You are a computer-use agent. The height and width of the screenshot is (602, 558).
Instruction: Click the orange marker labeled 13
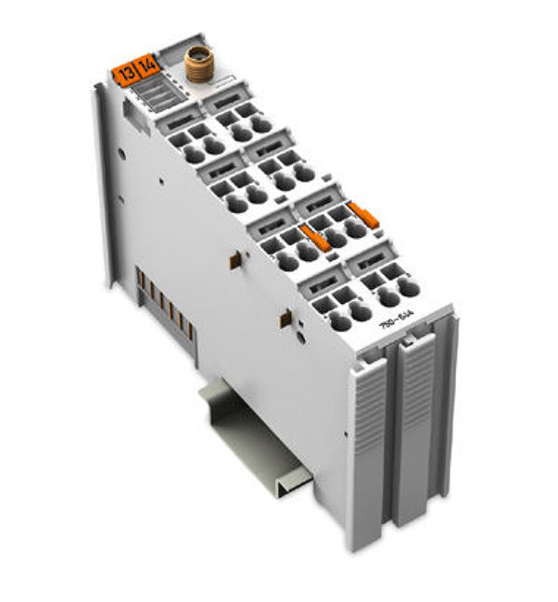tap(123, 69)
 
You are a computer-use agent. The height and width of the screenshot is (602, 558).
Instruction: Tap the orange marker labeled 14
tap(146, 66)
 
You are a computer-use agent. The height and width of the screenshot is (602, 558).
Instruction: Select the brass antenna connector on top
tap(196, 65)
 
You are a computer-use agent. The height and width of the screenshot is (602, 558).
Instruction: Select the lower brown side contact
tap(285, 320)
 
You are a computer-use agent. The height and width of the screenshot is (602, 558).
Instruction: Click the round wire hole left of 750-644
tap(339, 320)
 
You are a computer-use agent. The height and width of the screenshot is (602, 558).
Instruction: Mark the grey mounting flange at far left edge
tap(104, 185)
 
